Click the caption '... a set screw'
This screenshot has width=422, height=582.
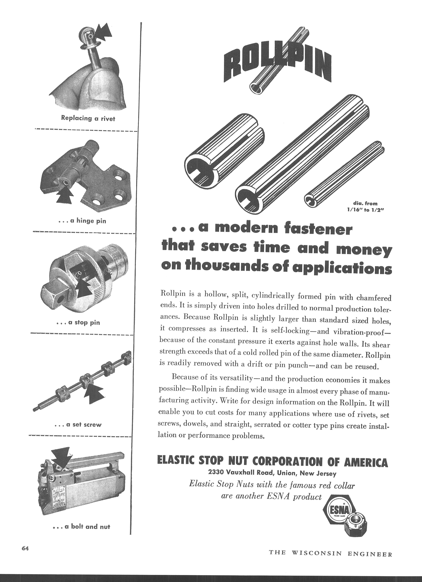tap(78, 425)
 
